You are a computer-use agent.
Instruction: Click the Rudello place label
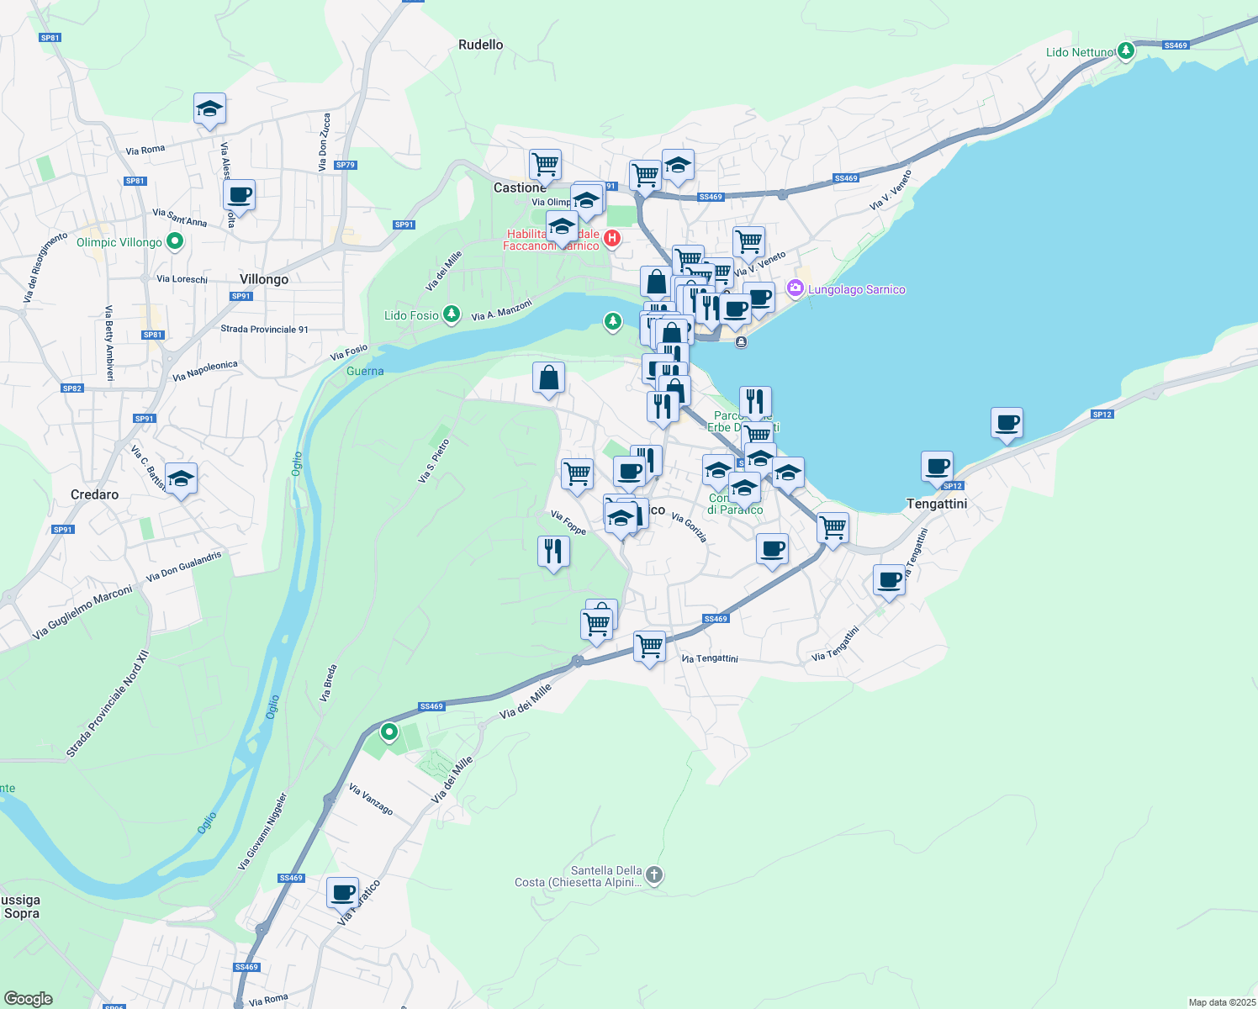click(x=481, y=45)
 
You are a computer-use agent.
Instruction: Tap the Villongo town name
click(x=264, y=280)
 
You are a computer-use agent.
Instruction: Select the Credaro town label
click(x=94, y=495)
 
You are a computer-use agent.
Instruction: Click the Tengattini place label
click(x=937, y=504)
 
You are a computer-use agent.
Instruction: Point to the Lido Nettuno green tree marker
click(x=1126, y=50)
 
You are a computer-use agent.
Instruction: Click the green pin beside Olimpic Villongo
click(x=175, y=242)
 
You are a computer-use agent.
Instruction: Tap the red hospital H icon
click(x=612, y=239)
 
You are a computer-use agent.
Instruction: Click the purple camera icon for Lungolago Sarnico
click(x=795, y=289)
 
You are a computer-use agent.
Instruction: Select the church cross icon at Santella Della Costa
click(x=654, y=875)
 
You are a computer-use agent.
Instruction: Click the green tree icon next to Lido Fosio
click(x=452, y=314)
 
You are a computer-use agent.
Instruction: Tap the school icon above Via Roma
click(x=209, y=108)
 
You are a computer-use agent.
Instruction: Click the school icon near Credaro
click(x=181, y=479)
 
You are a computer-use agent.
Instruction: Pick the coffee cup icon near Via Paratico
click(x=342, y=893)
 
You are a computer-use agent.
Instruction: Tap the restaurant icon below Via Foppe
click(x=553, y=552)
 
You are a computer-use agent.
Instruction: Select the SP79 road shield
click(x=345, y=165)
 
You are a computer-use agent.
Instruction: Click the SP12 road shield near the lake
click(x=1102, y=415)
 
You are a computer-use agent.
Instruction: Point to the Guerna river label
click(x=365, y=372)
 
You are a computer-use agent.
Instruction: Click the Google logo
click(x=29, y=999)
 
